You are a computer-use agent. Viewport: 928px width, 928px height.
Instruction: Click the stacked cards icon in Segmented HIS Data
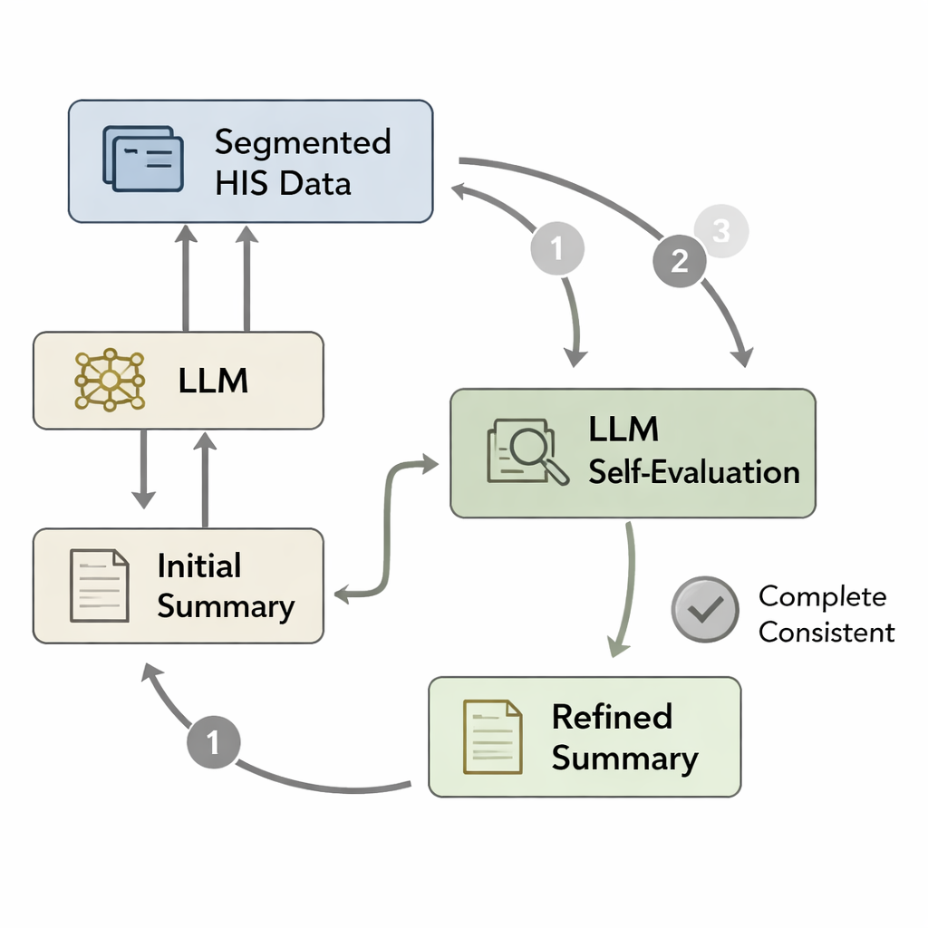coord(143,159)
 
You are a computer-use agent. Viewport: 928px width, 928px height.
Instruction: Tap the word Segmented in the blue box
coord(303,143)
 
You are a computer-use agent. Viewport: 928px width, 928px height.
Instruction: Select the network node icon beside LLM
coord(108,380)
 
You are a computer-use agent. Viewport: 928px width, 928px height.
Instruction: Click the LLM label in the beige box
coord(213,381)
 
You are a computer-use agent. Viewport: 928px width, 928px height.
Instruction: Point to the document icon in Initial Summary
coord(99,585)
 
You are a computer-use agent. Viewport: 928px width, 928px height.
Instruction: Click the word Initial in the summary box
coord(198,566)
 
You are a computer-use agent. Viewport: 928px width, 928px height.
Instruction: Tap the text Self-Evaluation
coord(693,471)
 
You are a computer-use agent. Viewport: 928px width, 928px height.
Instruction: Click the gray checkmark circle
coord(705,610)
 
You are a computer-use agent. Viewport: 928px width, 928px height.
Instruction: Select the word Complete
coord(822,596)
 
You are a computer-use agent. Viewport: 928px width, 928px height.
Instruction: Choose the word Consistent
coord(826,632)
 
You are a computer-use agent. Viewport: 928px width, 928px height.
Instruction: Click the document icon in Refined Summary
coord(492,737)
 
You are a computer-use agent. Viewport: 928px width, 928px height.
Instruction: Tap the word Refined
coord(612,717)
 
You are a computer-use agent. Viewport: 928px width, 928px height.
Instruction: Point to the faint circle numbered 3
coord(720,231)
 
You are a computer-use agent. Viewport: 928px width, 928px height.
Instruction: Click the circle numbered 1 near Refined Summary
coord(214,743)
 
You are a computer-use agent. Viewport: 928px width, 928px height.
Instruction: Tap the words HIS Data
coord(283,184)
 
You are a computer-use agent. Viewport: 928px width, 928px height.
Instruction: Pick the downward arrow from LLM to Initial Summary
coord(143,468)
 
